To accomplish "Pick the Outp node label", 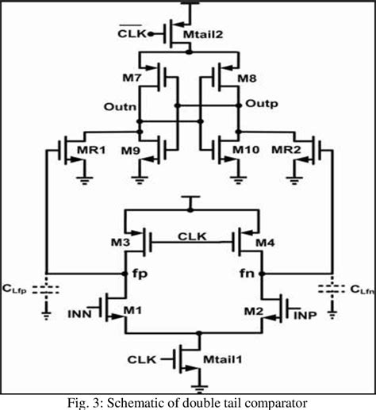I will pos(259,104).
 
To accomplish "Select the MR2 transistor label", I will pos(286,151).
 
